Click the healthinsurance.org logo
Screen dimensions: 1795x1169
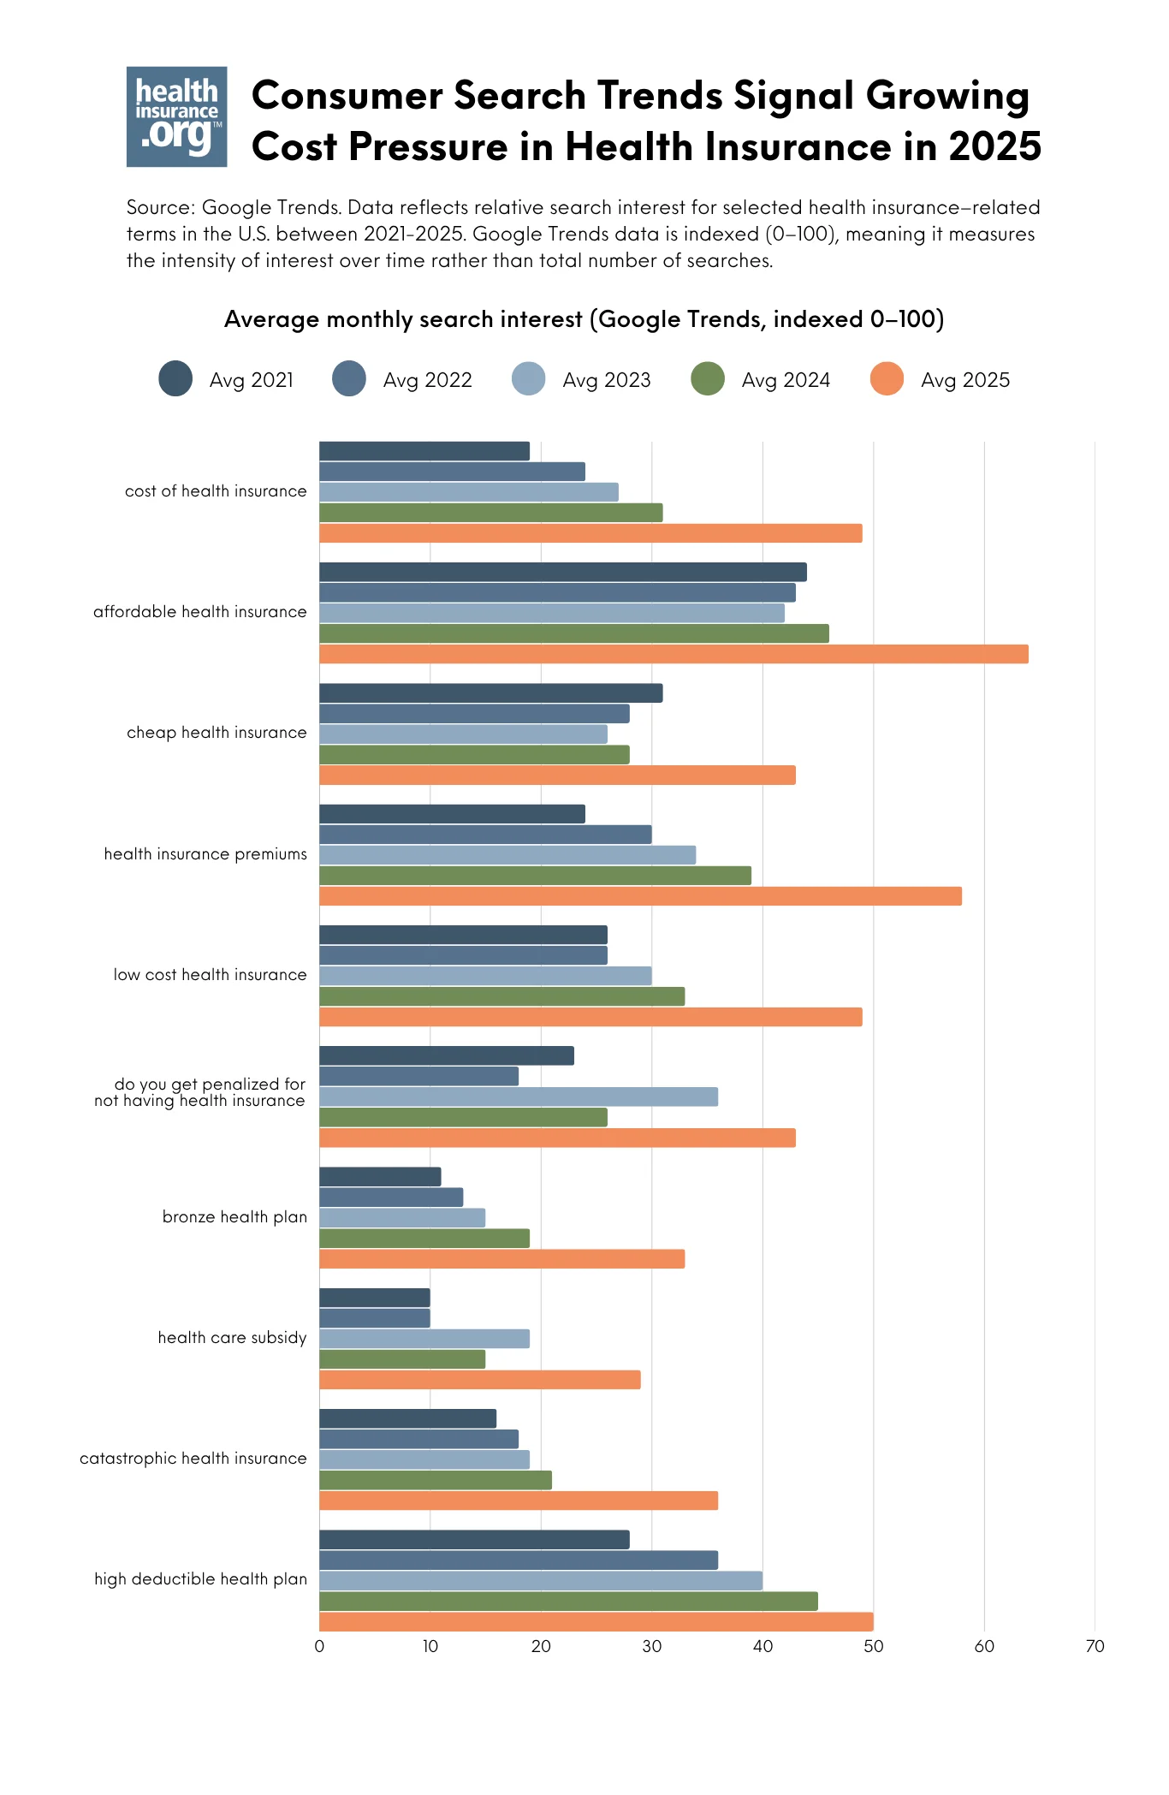coord(176,116)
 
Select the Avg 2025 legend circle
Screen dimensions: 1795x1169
coord(887,379)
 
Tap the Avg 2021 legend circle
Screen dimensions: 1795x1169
coord(175,379)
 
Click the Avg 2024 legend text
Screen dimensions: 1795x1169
coord(786,380)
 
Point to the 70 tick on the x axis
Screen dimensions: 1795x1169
coord(1095,1646)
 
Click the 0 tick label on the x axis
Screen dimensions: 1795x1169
coord(319,1646)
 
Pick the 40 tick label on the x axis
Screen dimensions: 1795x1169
coord(763,1646)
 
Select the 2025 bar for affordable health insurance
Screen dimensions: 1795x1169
coord(674,654)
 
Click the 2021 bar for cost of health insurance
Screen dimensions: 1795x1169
coord(424,451)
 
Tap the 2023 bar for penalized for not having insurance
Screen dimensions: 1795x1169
coord(519,1097)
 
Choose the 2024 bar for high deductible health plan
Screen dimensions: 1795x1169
coord(568,1601)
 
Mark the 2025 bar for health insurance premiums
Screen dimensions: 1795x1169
coord(640,896)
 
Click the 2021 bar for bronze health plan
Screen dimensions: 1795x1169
coord(380,1177)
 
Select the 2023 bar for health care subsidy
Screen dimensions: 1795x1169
coord(424,1339)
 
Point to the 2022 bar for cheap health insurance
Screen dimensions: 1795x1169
coord(474,714)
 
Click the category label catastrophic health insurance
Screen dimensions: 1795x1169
coord(193,1459)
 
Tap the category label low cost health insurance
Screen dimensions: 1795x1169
coord(210,975)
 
